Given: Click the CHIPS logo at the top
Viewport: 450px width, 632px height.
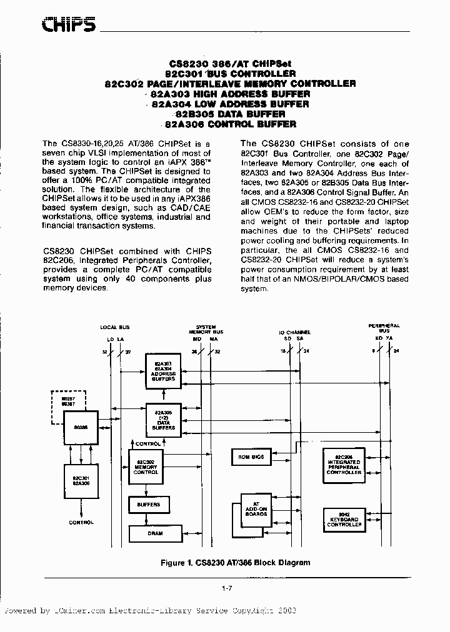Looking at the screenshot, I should (x=69, y=24).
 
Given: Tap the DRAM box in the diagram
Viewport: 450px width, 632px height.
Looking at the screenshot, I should (x=155, y=533).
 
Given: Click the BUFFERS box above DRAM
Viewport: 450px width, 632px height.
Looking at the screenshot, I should (x=148, y=504).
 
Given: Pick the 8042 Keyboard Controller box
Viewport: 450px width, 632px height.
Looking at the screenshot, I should (x=344, y=520).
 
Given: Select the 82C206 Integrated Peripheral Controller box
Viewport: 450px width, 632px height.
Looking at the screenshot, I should (x=344, y=466).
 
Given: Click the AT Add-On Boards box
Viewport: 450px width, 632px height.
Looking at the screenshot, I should (x=257, y=511).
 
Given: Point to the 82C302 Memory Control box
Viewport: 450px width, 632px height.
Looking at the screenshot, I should (x=146, y=467).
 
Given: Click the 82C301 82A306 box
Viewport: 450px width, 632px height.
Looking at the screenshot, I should (x=81, y=482).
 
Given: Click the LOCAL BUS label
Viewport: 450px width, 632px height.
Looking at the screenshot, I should (x=115, y=327).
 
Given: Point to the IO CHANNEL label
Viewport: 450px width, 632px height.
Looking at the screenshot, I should (x=294, y=333).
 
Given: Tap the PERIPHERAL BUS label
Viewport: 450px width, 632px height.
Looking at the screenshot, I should (x=384, y=328).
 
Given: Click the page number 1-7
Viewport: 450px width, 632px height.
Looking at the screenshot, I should (x=227, y=588).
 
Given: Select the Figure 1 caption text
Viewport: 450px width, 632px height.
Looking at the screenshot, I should (x=235, y=563).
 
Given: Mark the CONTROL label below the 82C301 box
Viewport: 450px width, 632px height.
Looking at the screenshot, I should (x=81, y=522).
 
